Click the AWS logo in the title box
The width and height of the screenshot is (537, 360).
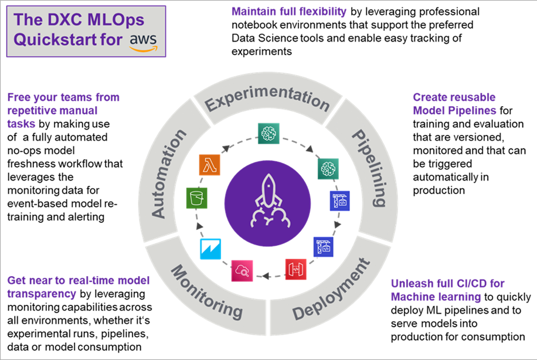click(x=144, y=42)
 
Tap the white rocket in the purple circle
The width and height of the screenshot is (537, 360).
click(x=268, y=202)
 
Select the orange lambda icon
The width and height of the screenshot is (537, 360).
click(x=209, y=165)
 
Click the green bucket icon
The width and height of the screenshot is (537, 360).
click(x=196, y=198)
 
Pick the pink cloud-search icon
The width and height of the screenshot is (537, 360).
click(x=242, y=271)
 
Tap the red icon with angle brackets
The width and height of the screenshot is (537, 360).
click(x=296, y=269)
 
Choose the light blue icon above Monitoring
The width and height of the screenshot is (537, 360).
click(x=210, y=249)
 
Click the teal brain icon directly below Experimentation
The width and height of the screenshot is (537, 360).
click(x=268, y=133)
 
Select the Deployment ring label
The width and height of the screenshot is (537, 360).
click(x=331, y=290)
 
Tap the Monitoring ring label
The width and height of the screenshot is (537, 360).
click(x=207, y=292)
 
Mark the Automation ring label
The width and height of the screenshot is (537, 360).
click(x=168, y=174)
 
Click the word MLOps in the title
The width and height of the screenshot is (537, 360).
click(x=116, y=19)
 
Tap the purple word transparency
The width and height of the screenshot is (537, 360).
click(x=42, y=294)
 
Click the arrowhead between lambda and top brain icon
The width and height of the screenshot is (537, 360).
click(x=226, y=149)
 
